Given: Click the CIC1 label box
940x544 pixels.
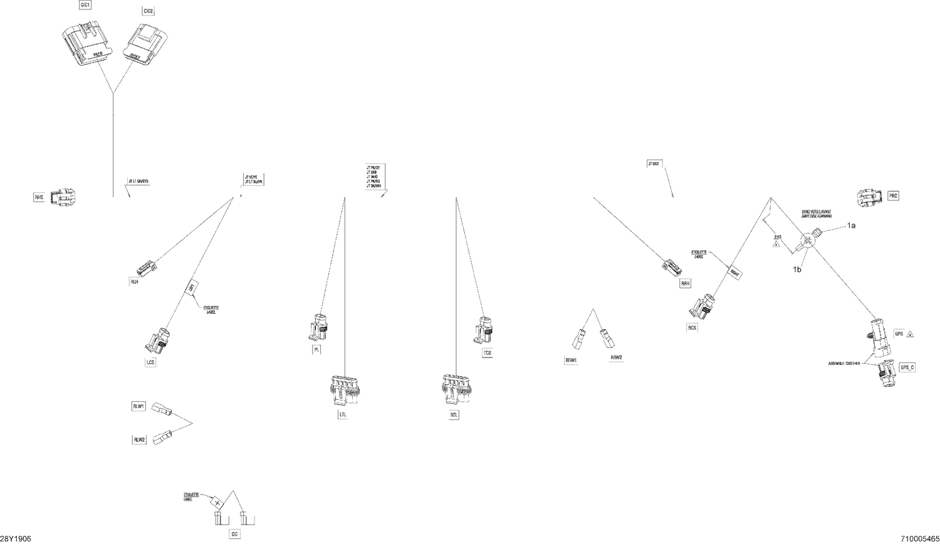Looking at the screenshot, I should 85,5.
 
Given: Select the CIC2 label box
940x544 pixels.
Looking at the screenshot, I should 148,11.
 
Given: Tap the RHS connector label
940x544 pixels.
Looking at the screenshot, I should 39,197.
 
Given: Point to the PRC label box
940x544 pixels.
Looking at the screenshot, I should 893,196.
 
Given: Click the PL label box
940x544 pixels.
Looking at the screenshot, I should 317,350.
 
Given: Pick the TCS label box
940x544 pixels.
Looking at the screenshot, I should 487,353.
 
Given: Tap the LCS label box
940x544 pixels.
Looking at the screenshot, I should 150,362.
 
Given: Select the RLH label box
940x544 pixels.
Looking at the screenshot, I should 134,281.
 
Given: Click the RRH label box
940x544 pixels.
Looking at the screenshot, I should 685,284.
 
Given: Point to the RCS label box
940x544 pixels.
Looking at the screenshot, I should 692,327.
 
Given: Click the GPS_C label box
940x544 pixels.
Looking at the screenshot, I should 907,367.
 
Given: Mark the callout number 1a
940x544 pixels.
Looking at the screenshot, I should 851,225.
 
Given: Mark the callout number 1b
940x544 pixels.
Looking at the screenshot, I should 797,269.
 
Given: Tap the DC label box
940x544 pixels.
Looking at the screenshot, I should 234,535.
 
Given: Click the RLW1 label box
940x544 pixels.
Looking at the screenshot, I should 138,406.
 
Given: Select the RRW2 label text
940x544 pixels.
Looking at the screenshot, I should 616,357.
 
